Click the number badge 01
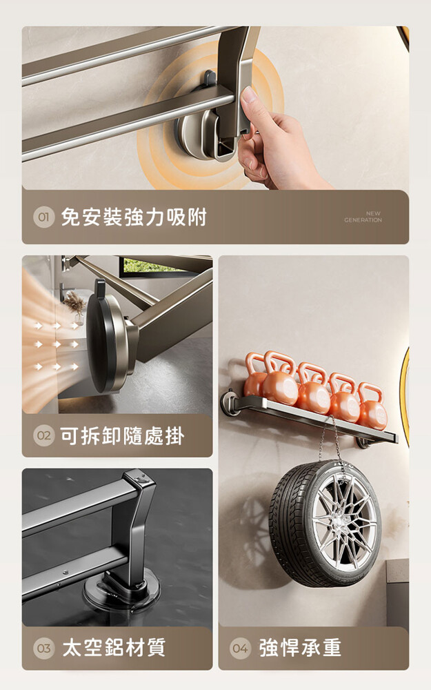[x=43, y=217]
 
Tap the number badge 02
[x=43, y=435]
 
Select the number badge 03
[x=43, y=648]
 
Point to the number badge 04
[x=240, y=648]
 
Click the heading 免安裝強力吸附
[x=134, y=217]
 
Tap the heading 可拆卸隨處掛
[x=122, y=435]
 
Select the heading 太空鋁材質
[x=114, y=648]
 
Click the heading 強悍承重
[x=300, y=648]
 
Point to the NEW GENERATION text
[x=363, y=217]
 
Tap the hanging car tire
[x=324, y=524]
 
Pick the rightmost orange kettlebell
[x=372, y=407]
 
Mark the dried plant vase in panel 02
[x=75, y=307]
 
